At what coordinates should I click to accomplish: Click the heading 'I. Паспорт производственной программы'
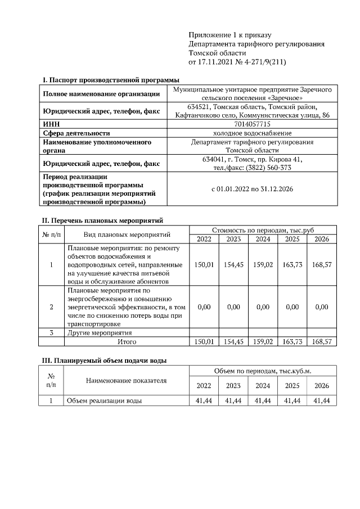111,80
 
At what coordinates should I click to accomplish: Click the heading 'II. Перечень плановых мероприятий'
103,220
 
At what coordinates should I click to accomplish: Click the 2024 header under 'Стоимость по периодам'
263,239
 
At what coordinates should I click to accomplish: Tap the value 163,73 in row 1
292,264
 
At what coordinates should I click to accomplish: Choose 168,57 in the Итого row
322,341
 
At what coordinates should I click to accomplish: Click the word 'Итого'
127,341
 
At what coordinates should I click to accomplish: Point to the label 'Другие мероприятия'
96,333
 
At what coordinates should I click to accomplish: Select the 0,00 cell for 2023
233,307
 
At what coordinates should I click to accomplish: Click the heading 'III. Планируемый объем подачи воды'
105,360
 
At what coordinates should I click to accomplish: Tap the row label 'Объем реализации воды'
104,400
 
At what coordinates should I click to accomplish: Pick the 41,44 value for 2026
322,400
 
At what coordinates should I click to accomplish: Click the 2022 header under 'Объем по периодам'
203,386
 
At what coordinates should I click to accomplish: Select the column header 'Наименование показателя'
127,380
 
